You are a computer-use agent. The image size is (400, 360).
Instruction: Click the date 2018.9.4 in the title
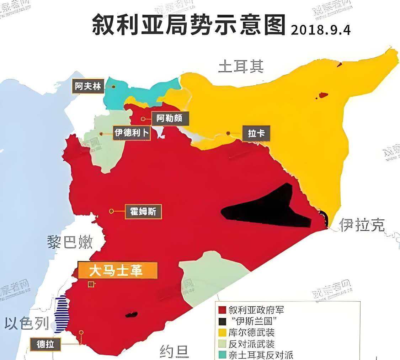point(321,30)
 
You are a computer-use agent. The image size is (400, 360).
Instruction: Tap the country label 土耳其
point(241,67)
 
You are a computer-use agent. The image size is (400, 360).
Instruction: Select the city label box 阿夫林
point(88,86)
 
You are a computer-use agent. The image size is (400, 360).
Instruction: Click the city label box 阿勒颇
point(170,118)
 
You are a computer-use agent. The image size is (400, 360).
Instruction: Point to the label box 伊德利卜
point(131,133)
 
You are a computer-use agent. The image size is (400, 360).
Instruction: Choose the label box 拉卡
point(256,134)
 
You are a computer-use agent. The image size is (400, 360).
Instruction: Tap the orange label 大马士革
point(117,271)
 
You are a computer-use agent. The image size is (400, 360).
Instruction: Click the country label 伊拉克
point(362,225)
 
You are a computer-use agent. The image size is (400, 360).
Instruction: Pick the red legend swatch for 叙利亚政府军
point(223,310)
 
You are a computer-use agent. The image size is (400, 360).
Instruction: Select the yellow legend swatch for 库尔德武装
point(223,333)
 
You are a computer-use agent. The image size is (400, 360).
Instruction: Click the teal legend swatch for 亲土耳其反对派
point(223,355)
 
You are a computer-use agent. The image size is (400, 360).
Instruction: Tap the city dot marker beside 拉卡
point(228,133)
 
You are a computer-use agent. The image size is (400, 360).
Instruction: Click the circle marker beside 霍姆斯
point(111,211)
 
